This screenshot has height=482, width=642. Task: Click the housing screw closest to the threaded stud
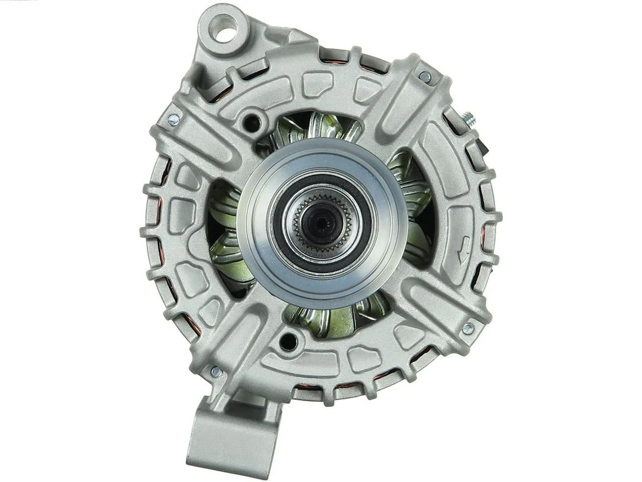click(x=425, y=77)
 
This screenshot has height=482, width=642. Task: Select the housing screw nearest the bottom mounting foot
click(x=216, y=372)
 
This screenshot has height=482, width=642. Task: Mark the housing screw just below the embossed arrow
click(x=468, y=327)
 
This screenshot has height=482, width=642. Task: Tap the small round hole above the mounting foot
click(x=288, y=341)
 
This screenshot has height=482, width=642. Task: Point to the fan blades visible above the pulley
click(x=315, y=128)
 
